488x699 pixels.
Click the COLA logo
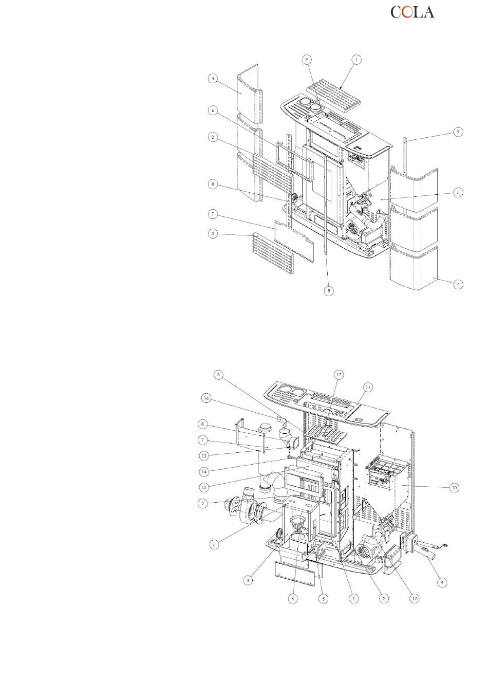(x=412, y=12)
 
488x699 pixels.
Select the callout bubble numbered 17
(x=339, y=375)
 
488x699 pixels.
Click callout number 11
(x=368, y=387)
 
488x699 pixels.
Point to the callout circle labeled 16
(x=206, y=398)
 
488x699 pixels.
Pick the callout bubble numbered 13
(x=204, y=455)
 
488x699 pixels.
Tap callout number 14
(x=204, y=471)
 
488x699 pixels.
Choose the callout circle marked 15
(x=204, y=487)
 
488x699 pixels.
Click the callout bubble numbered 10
(x=454, y=487)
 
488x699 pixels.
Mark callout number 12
(x=414, y=598)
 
